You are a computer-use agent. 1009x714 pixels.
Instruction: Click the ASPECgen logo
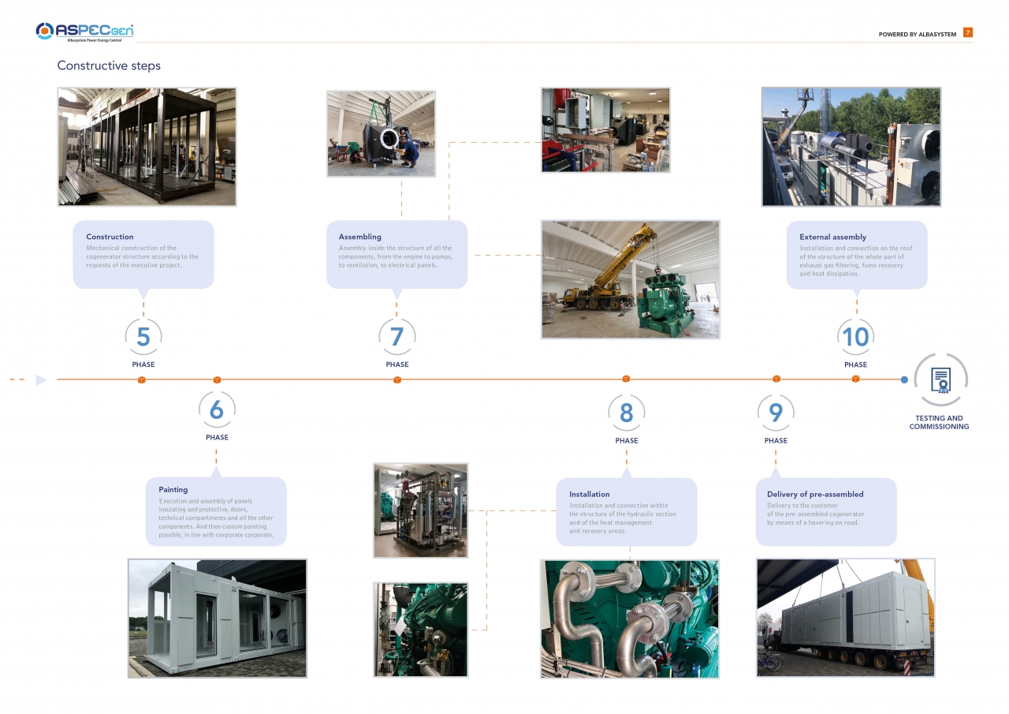coord(84,32)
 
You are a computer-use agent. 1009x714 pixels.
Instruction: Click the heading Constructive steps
coord(109,65)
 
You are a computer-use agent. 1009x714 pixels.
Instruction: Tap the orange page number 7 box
coord(967,32)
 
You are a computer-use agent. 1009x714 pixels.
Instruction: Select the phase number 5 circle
coord(143,337)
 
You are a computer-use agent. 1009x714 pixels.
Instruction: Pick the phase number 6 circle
coord(217,409)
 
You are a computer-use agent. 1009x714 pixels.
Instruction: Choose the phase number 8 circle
coord(626,413)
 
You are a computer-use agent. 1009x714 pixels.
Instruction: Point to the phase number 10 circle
coord(855,337)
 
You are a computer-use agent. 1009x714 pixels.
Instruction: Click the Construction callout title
coord(110,237)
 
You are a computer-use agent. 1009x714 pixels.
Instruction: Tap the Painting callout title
coord(173,489)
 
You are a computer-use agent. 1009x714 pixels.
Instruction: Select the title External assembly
coord(832,237)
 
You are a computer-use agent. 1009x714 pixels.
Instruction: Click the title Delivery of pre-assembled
coord(815,494)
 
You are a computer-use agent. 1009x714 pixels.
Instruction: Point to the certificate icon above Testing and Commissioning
coord(941,380)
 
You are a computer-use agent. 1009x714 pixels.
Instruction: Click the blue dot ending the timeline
coord(904,380)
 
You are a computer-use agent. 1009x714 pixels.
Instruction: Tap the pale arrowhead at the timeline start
coord(41,380)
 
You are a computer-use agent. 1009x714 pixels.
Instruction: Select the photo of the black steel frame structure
coord(147,147)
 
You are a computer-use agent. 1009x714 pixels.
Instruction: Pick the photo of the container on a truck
coord(846,618)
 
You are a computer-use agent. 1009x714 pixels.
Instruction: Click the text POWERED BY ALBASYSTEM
coord(917,34)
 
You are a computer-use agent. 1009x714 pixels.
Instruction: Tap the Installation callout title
coord(589,494)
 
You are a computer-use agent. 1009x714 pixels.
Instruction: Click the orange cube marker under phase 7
coord(397,380)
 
